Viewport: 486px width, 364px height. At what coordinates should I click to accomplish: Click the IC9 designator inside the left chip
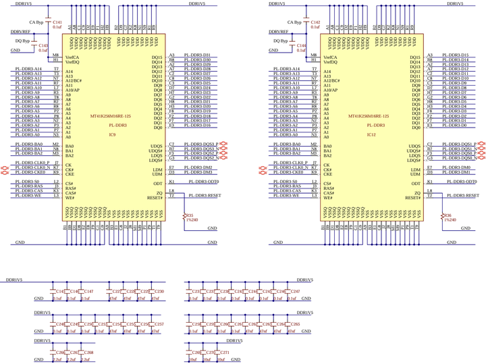pyautogui.click(x=113, y=134)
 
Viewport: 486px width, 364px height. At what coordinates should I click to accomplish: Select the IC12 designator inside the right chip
pyautogui.click(x=371, y=134)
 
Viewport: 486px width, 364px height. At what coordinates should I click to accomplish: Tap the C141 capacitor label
pyautogui.click(x=57, y=22)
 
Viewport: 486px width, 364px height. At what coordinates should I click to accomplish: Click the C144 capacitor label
pyautogui.click(x=302, y=45)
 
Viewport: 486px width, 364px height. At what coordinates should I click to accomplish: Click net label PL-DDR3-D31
pyautogui.click(x=197, y=55)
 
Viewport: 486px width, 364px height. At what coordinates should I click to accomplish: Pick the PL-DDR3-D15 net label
pyautogui.click(x=455, y=55)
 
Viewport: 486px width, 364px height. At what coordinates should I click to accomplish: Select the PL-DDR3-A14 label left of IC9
pyautogui.click(x=28, y=69)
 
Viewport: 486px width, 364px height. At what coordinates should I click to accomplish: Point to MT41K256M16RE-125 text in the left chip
pyautogui.click(x=113, y=116)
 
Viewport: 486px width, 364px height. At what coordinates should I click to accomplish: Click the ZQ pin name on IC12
pyautogui.click(x=417, y=192)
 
